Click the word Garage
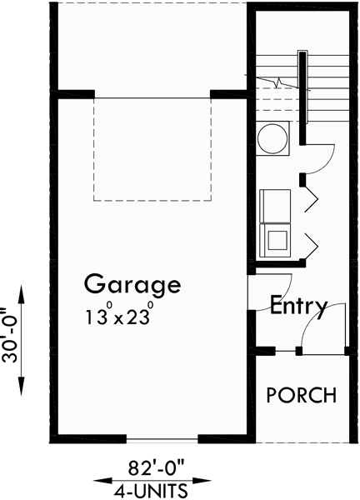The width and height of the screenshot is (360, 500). click(132, 286)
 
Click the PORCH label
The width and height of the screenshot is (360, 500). click(301, 394)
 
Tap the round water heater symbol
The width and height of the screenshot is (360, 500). click(272, 138)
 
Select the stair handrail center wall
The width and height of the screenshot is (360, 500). click(303, 83)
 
